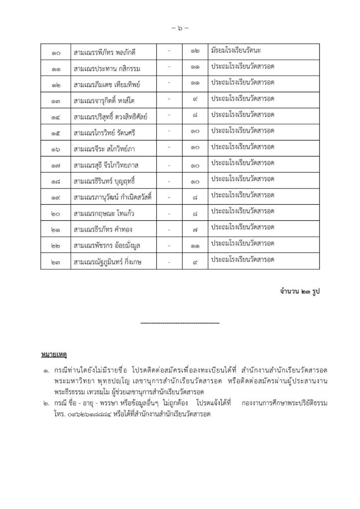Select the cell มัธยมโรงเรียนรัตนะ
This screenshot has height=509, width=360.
click(243, 52)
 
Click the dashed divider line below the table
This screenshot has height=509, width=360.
click(180, 323)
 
